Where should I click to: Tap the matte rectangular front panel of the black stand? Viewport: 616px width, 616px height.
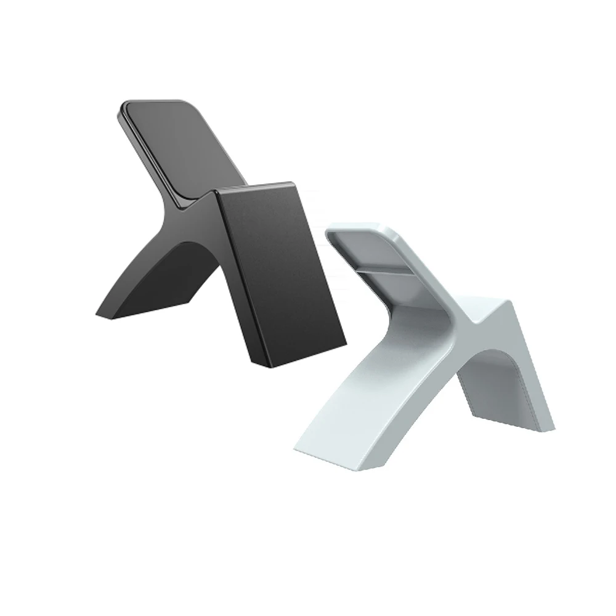pos(277,271)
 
